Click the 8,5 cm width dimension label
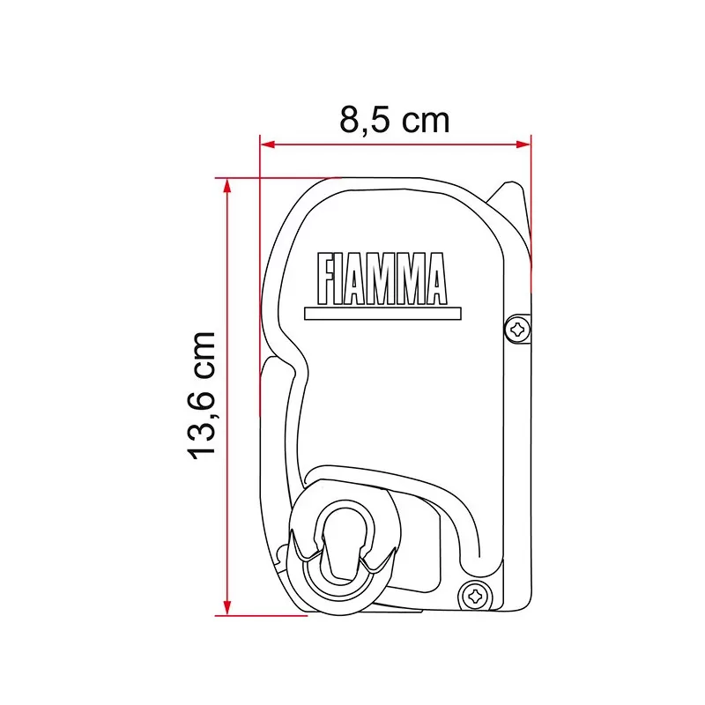click(394, 120)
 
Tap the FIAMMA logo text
click(382, 276)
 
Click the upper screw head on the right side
click(518, 330)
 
